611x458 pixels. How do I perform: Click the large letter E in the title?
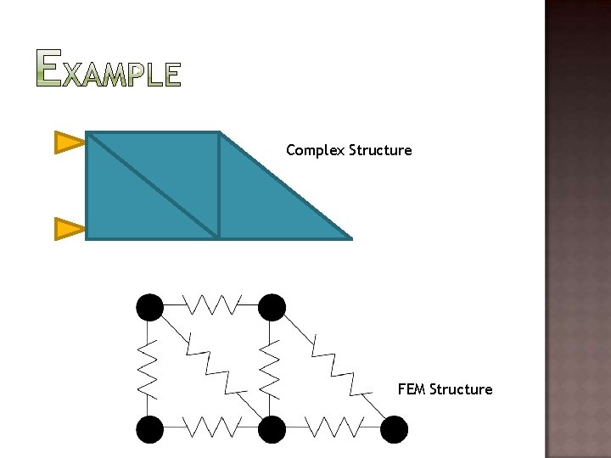pos(49,68)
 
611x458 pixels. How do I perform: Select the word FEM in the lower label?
pos(412,389)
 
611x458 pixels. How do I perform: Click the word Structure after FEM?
pos(461,389)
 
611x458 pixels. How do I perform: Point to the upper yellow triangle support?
pos(69,142)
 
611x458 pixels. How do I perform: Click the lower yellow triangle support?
pos(69,228)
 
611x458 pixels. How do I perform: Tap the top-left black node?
pos(150,307)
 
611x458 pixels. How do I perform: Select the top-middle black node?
pos(272,307)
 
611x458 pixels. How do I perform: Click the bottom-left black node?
pos(150,429)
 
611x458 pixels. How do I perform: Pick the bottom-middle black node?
pos(272,429)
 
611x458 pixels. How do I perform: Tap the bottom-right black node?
pos(394,429)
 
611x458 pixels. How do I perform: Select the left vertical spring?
pos(147,368)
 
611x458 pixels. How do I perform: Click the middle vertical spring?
pos(269,368)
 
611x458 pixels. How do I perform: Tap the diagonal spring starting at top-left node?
pos(212,365)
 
